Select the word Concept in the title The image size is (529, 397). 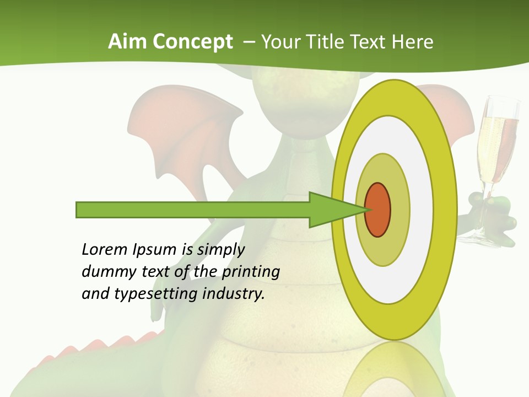[193, 42]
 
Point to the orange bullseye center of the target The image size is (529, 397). [377, 210]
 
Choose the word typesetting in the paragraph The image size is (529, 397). [156, 294]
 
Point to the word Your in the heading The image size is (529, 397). [279, 42]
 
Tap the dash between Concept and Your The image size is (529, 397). [249, 42]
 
